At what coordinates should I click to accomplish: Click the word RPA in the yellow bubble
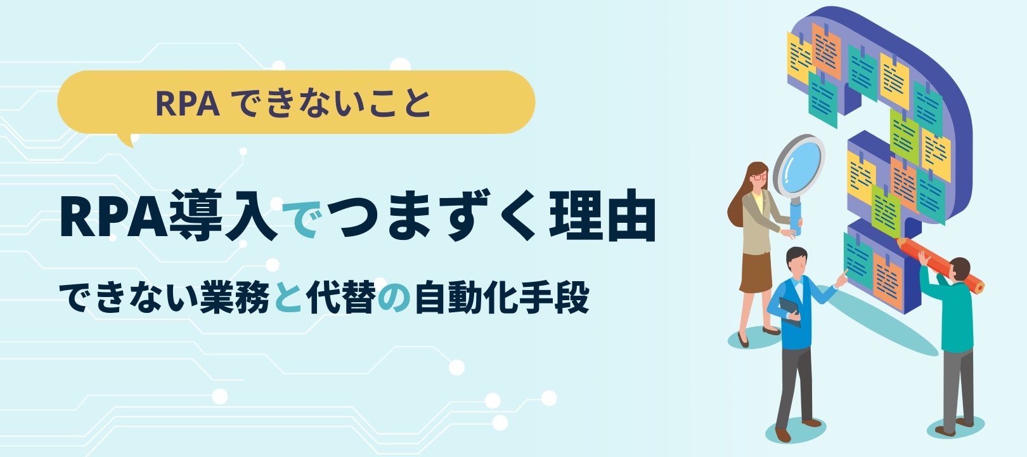click(188, 103)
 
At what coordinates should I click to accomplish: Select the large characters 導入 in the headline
click(223, 215)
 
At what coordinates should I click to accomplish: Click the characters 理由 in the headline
click(602, 215)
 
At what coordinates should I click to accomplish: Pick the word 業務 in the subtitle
click(235, 297)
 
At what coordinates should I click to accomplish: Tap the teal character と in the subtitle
click(288, 298)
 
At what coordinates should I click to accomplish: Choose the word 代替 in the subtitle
click(340, 297)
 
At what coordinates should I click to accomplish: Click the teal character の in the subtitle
click(394, 299)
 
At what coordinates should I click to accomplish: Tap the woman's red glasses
click(759, 177)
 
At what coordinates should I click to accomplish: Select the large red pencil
click(940, 265)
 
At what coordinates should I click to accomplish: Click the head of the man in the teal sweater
click(959, 270)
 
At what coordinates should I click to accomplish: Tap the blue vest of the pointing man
click(794, 313)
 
